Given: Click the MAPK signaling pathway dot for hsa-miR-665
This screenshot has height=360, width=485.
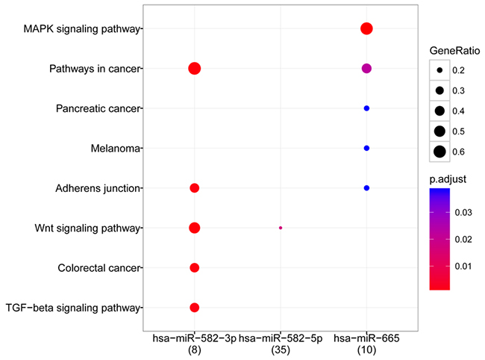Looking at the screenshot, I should pos(366,29).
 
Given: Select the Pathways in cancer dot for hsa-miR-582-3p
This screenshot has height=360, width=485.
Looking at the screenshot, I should pos(194,69).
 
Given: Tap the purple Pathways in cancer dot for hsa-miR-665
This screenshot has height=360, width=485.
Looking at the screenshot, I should pos(366,69).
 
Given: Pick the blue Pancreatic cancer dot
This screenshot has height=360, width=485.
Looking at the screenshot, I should pos(366,108).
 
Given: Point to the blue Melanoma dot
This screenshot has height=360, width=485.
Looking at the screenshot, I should pos(366,148).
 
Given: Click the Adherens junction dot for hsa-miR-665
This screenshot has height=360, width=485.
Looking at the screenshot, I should pos(366,187).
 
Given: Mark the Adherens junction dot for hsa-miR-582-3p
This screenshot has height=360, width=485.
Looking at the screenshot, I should pos(194,187).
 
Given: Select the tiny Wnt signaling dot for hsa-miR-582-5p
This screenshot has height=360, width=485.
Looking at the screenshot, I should pos(281,227).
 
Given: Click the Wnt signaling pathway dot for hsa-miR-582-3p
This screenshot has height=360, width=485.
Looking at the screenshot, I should pos(194,227).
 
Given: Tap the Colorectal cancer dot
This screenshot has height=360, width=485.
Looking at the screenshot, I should pos(194,267).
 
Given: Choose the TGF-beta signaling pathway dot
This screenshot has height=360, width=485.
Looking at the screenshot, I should pos(194,307).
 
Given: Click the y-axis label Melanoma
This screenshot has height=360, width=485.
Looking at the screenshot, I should pos(115,148).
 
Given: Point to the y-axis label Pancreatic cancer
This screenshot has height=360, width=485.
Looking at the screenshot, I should pos(98,108).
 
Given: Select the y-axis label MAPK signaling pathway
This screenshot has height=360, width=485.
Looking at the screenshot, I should pos(81,29).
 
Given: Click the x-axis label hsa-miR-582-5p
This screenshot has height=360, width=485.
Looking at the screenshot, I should pos(281,338).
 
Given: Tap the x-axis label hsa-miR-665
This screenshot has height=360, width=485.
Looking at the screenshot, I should pos(366,338).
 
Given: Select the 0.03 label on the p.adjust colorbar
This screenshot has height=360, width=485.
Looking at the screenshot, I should pos(463,213).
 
